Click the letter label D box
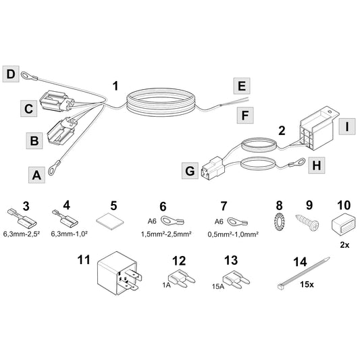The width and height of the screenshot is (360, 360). click(11, 74)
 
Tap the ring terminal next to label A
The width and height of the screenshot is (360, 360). click(54, 168)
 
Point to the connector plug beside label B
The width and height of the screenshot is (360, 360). click(61, 130)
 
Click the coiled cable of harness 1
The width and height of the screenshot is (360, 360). click(161, 102)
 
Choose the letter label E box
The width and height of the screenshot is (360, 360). click(242, 86)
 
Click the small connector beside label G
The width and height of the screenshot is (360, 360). click(213, 168)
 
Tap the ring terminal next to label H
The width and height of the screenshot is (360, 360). click(297, 163)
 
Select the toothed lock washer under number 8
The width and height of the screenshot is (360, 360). click(279, 222)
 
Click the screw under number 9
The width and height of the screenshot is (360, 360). click(307, 222)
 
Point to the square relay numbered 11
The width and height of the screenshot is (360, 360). click(118, 274)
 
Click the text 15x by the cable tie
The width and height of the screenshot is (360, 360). click(307, 285)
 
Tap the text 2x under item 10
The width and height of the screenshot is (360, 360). click(344, 245)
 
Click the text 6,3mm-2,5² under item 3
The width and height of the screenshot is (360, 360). click(22, 234)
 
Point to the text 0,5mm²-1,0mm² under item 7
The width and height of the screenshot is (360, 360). click(233, 234)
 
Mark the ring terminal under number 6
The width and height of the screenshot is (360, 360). click(172, 222)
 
